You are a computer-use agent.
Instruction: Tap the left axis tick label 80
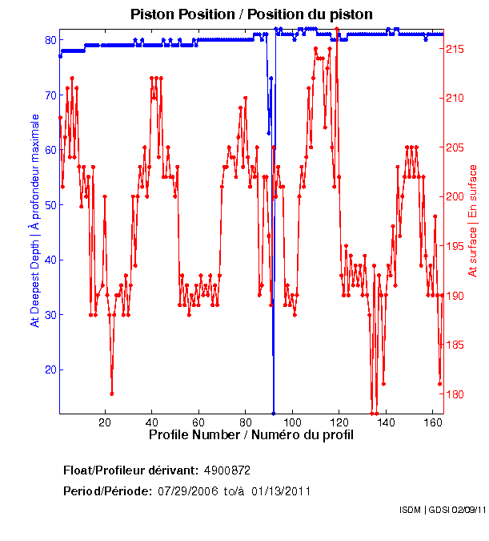tap(50, 40)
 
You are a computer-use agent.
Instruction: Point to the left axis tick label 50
tap(50, 205)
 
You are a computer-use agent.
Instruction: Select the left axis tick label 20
tap(50, 369)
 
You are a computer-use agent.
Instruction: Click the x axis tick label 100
tap(293, 422)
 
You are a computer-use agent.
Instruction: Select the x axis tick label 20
tap(105, 422)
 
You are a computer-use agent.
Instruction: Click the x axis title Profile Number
tap(251, 435)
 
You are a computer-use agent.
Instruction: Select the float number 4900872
tap(228, 470)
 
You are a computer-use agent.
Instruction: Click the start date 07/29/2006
tap(190, 491)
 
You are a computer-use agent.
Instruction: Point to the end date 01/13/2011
tap(281, 491)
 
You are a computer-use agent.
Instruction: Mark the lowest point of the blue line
tap(274, 412)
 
